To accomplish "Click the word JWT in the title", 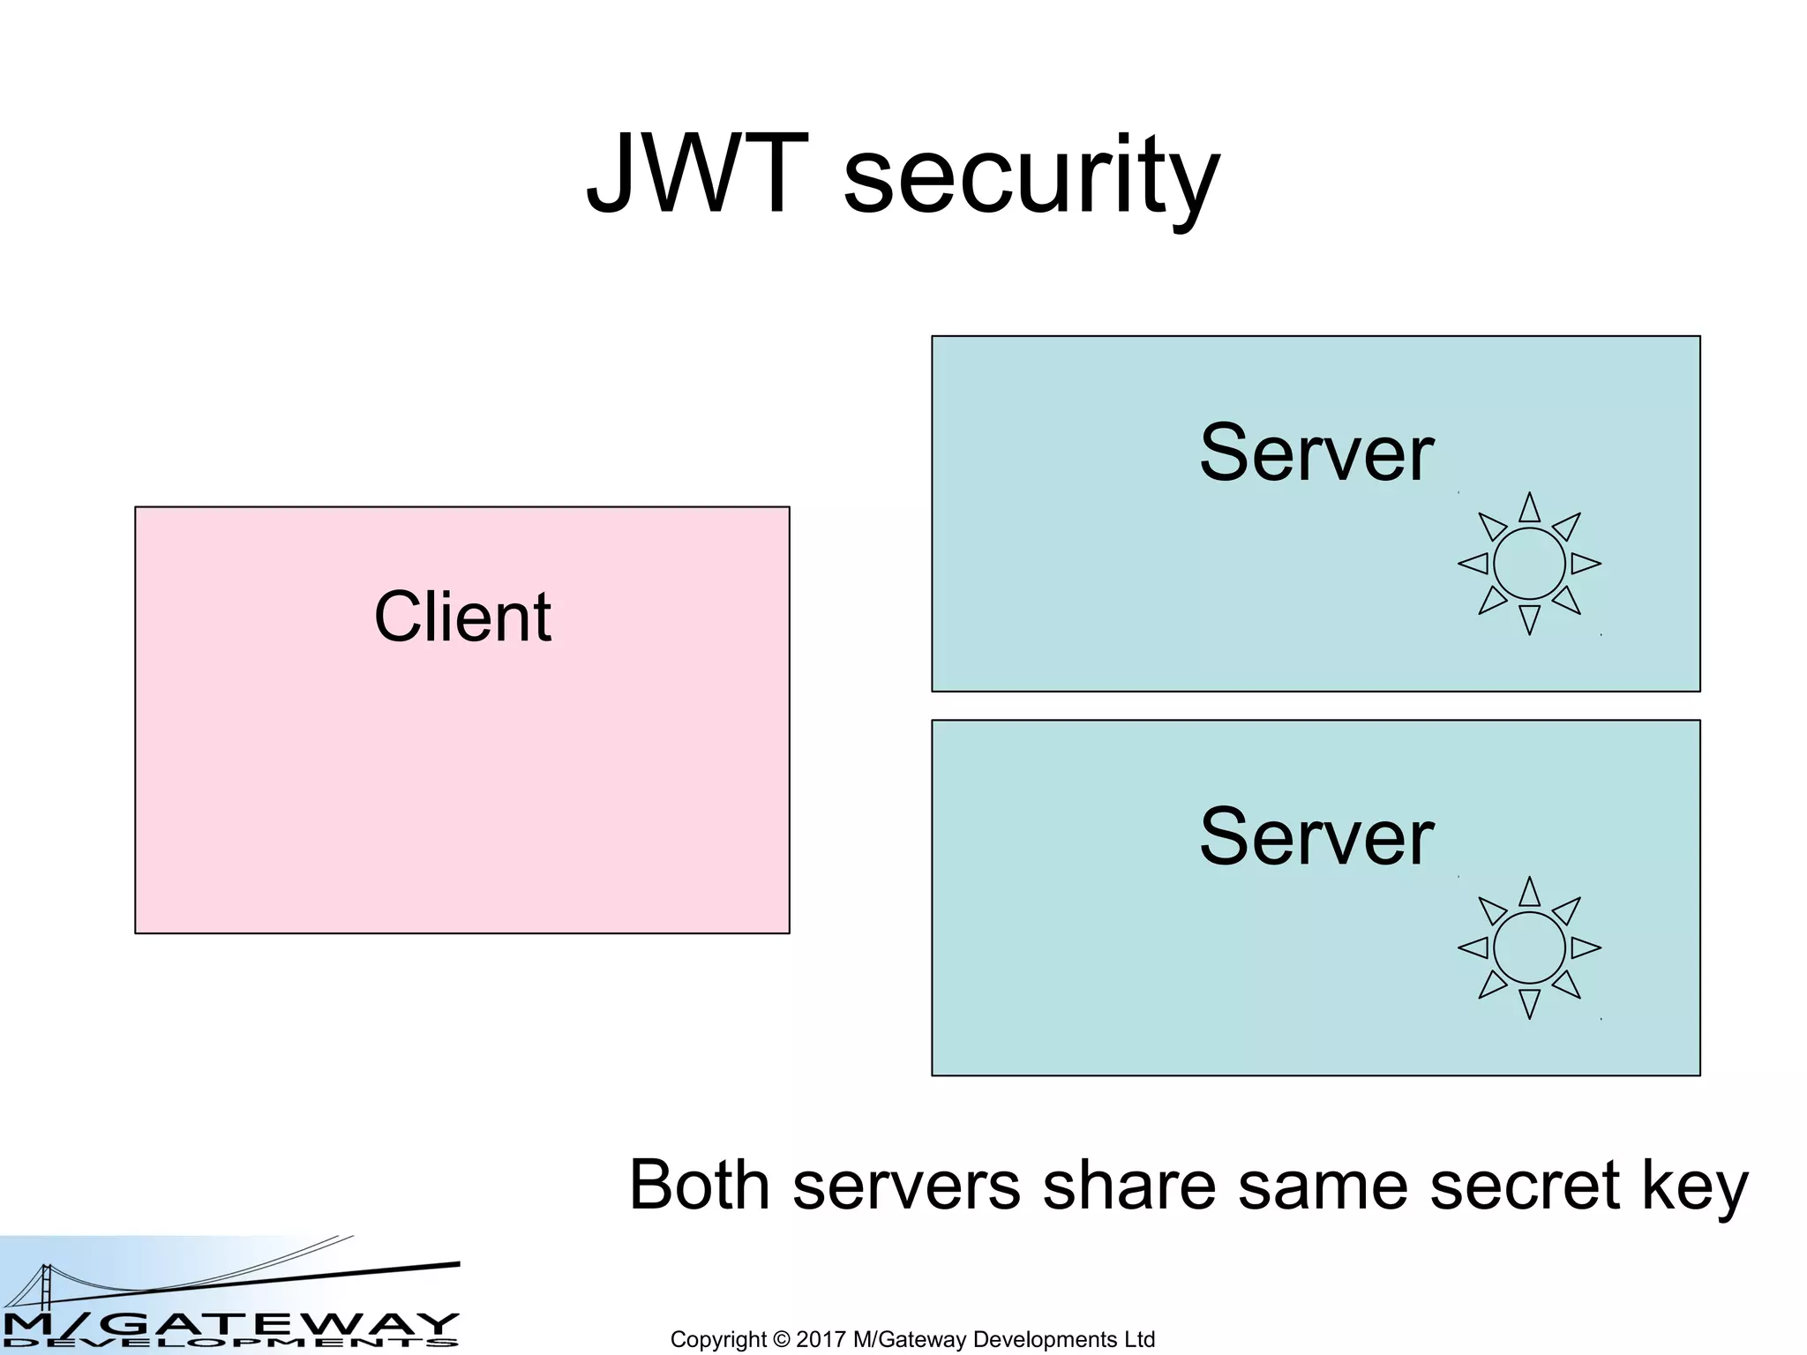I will coord(697,174).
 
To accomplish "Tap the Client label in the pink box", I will coord(462,617).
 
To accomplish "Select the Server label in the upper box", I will coord(1316,453).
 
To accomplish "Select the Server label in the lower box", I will coord(1316,837).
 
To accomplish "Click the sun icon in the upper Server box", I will coord(1529,564).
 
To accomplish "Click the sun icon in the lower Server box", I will coord(1529,948).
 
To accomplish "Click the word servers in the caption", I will coord(907,1187).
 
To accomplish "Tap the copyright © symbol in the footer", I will coord(782,1339).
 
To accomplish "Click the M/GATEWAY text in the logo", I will coord(229,1324).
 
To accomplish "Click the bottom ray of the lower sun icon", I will coord(1529,1002).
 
